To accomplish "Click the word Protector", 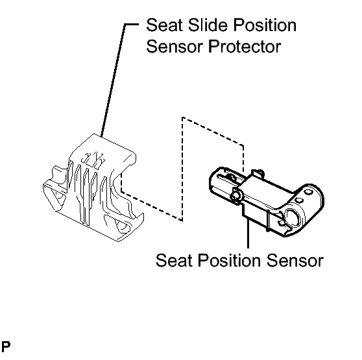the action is (245, 47).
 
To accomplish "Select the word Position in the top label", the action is (265, 25).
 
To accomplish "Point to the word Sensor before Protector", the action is (175, 47).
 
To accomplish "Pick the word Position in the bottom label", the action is (229, 261).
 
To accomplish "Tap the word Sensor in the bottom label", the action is (295, 261).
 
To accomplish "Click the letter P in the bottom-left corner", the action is (6, 346).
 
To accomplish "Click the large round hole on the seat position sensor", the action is (293, 217).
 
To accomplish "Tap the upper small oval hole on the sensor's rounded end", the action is (308, 191).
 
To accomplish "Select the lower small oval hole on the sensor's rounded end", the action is (300, 200).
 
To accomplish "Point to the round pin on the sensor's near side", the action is (235, 196).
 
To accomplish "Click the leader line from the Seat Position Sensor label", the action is (248, 233).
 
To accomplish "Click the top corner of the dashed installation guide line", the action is (182, 117).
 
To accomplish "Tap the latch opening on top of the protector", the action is (93, 159).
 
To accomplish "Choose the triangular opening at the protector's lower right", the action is (123, 226).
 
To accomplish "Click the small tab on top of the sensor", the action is (257, 174).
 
